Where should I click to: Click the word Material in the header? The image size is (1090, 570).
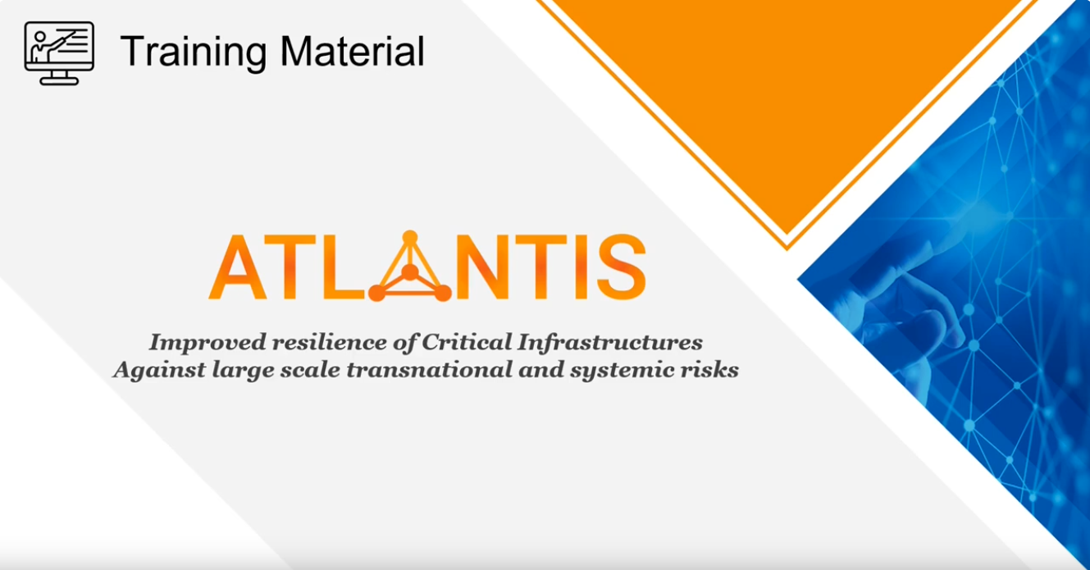[353, 51]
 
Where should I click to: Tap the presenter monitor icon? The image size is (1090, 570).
[59, 53]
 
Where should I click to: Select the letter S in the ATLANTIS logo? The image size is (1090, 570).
[622, 267]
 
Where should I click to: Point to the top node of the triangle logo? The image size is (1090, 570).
[410, 237]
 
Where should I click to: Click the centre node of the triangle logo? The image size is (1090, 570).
[410, 271]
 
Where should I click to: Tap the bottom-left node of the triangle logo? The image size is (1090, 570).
[377, 293]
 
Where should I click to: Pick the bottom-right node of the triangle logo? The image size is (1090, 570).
[442, 293]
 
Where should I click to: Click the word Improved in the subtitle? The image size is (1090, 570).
[208, 343]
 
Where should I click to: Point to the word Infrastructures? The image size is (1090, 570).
[609, 342]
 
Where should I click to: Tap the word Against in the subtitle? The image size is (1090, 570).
[159, 371]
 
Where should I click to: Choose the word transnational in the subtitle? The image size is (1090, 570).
[429, 369]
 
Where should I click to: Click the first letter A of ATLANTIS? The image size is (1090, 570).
[238, 267]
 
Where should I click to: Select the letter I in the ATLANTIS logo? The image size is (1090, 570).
[581, 267]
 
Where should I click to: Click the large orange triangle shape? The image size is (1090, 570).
[787, 93]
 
